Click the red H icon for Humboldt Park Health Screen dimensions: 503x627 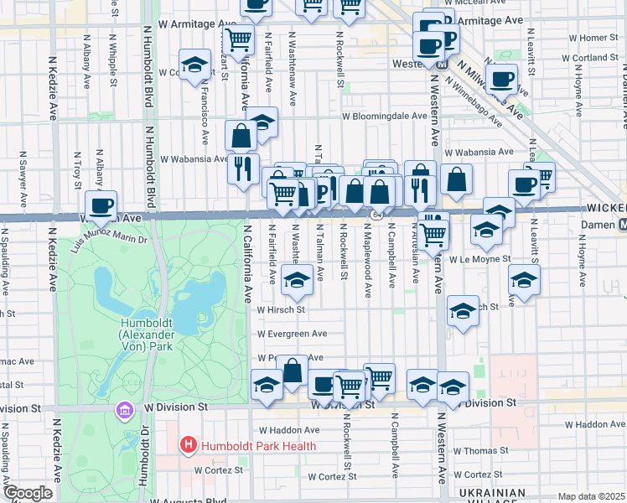click(x=188, y=445)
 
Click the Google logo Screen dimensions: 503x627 click(x=28, y=493)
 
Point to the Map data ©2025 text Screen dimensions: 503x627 click(x=591, y=496)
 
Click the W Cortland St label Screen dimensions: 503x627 click(x=588, y=58)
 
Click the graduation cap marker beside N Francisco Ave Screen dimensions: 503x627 click(x=194, y=66)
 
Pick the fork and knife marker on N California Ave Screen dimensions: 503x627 click(x=242, y=168)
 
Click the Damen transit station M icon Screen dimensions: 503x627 click(x=622, y=225)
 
